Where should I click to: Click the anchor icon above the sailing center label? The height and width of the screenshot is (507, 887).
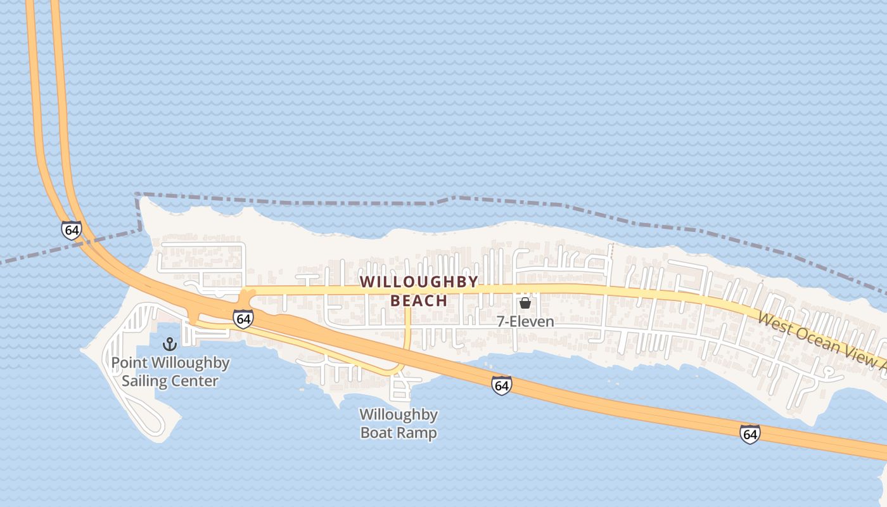pyautogui.click(x=169, y=344)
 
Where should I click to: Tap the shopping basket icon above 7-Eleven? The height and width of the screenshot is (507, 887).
pyautogui.click(x=525, y=303)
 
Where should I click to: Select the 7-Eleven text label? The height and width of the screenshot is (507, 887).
pyautogui.click(x=525, y=322)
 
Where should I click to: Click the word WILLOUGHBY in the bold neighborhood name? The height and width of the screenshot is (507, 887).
pyautogui.click(x=419, y=282)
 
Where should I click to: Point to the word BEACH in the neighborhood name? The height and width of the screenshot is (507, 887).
pyautogui.click(x=419, y=300)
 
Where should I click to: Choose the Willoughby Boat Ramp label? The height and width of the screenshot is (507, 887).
pyautogui.click(x=399, y=424)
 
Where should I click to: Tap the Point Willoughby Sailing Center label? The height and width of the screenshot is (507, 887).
pyautogui.click(x=170, y=372)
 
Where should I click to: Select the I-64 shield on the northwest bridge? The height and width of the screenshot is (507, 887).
pyautogui.click(x=71, y=229)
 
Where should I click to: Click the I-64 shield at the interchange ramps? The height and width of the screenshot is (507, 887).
pyautogui.click(x=243, y=318)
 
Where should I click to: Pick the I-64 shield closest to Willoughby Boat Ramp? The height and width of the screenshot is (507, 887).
pyautogui.click(x=501, y=385)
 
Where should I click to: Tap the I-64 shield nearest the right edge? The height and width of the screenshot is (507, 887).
pyautogui.click(x=750, y=434)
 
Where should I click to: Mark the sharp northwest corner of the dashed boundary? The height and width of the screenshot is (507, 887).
pyautogui.click(x=137, y=195)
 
